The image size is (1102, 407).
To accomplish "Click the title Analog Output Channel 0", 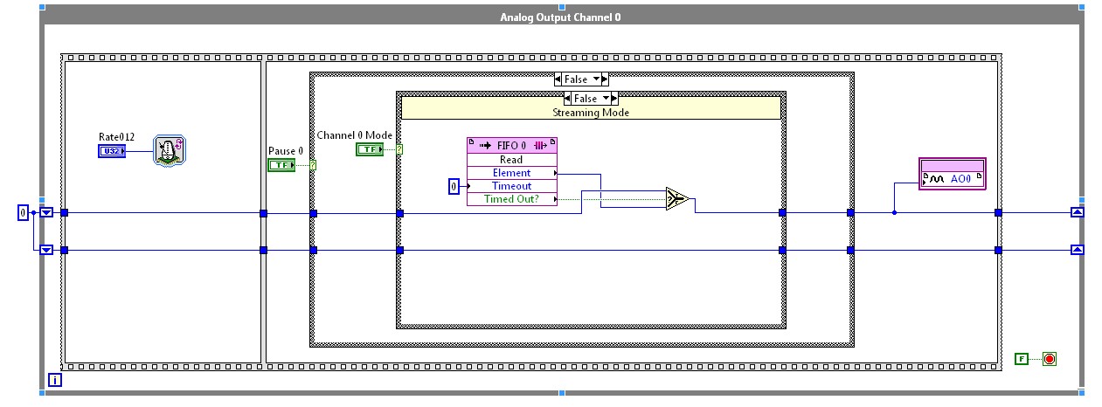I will click(560, 17).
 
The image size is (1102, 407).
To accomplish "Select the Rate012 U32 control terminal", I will click(112, 151).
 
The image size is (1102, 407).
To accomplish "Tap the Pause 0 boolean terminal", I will click(281, 165).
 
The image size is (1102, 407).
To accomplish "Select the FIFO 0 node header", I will click(512, 145).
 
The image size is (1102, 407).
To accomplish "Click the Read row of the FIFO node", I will click(512, 160).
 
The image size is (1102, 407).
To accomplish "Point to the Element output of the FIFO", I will click(512, 173).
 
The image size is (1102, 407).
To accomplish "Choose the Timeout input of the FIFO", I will click(512, 186).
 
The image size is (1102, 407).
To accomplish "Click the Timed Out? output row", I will click(512, 199).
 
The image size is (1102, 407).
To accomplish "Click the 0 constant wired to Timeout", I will click(454, 186).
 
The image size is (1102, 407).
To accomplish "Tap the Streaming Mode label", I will click(590, 113).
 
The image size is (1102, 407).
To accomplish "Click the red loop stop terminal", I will click(1049, 358).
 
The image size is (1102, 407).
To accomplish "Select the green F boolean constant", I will click(1022, 358).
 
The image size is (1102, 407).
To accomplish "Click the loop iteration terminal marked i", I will click(55, 380).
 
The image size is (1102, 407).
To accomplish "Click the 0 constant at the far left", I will click(24, 212).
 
